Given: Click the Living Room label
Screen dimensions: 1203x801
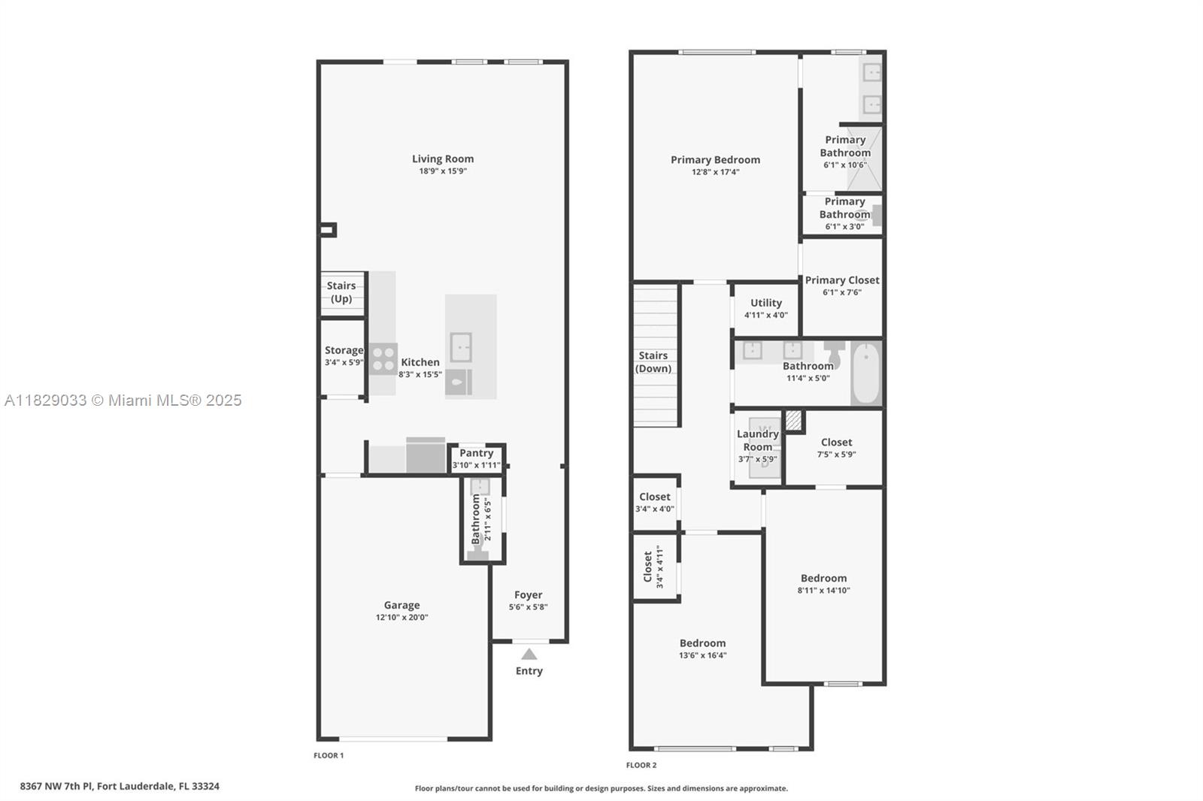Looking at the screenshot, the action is click(x=443, y=159).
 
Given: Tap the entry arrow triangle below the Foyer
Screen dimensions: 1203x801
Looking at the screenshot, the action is click(x=529, y=654).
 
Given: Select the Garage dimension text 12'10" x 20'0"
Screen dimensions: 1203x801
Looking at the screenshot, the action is click(x=402, y=618).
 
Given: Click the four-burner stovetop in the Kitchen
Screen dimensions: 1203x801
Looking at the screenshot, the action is click(x=383, y=359).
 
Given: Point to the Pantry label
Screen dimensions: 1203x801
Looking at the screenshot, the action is click(x=477, y=453).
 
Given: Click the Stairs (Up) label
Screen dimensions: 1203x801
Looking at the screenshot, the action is click(x=341, y=292).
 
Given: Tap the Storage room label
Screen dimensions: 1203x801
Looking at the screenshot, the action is click(x=344, y=350).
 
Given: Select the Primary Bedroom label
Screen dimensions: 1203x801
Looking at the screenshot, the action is click(x=715, y=159).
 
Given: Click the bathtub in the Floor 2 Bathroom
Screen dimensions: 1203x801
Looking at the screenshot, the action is click(x=866, y=373).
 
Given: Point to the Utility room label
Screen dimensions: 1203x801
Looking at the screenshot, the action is click(x=766, y=303).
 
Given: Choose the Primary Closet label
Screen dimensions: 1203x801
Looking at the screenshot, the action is click(x=842, y=280).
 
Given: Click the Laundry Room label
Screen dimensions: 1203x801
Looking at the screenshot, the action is click(x=758, y=440).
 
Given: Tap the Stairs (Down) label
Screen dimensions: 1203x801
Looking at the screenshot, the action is click(x=653, y=362).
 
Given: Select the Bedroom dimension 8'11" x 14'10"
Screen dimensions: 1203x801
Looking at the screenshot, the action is click(x=824, y=591).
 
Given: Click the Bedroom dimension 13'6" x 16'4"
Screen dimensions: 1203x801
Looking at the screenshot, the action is click(x=702, y=655).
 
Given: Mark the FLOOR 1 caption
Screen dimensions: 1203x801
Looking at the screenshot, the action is click(x=329, y=755).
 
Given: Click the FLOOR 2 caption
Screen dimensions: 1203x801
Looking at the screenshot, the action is click(x=641, y=765).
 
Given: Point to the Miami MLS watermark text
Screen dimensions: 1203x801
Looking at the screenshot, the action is click(x=123, y=400).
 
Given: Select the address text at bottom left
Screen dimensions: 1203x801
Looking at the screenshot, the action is click(x=120, y=786).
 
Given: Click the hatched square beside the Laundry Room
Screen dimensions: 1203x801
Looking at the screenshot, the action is click(x=793, y=420).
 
